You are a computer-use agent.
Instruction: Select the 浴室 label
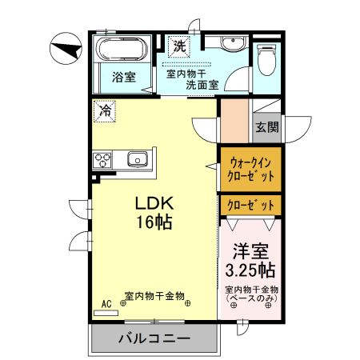(x=122, y=78)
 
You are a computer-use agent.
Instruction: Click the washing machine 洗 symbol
(x=180, y=46)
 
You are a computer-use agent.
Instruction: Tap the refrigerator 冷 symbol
(x=105, y=111)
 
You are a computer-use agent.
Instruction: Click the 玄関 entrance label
(x=266, y=126)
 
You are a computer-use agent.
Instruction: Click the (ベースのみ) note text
(x=250, y=298)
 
